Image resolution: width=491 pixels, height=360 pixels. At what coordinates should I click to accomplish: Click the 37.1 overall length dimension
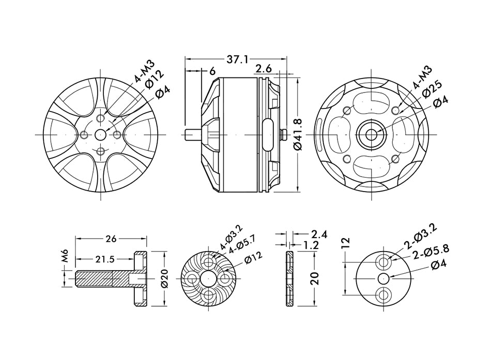(x=236, y=60)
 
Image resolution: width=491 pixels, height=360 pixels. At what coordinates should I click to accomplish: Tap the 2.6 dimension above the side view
(x=264, y=69)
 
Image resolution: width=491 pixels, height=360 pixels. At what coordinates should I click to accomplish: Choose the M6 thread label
(x=65, y=256)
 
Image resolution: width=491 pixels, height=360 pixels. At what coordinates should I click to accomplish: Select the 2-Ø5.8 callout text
(x=431, y=252)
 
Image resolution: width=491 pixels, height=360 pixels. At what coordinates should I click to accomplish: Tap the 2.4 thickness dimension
(x=319, y=234)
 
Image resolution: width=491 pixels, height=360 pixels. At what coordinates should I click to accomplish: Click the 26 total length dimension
(x=111, y=239)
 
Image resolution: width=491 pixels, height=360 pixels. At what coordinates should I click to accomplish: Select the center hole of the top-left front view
(x=100, y=134)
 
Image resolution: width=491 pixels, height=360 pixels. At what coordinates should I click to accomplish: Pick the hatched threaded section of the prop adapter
(x=95, y=279)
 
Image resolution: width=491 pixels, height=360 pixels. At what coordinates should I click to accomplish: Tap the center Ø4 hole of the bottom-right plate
(x=383, y=279)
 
